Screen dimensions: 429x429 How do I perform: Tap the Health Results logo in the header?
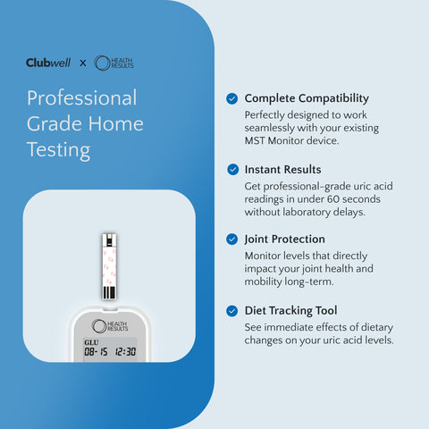[x=114, y=63]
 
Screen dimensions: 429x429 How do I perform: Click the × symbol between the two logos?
[x=83, y=63]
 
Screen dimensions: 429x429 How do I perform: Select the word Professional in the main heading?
[x=81, y=97]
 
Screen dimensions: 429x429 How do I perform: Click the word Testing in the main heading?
[x=58, y=149]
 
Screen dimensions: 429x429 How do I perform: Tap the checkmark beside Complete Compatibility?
[x=232, y=98]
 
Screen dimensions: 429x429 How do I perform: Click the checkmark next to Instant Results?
[x=232, y=169]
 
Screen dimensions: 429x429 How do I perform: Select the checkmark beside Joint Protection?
[x=232, y=240]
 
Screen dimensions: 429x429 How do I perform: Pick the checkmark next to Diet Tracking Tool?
[x=232, y=310]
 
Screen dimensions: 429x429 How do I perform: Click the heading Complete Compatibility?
[x=307, y=98]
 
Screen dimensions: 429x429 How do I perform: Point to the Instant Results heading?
[x=282, y=169]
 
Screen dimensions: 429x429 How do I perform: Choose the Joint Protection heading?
[x=284, y=240]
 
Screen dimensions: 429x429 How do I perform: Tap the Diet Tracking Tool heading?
[x=291, y=310]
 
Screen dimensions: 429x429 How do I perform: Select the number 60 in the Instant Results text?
[x=344, y=198]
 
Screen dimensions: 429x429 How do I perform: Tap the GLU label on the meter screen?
[x=91, y=341]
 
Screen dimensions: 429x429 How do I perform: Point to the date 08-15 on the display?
[x=95, y=352]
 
